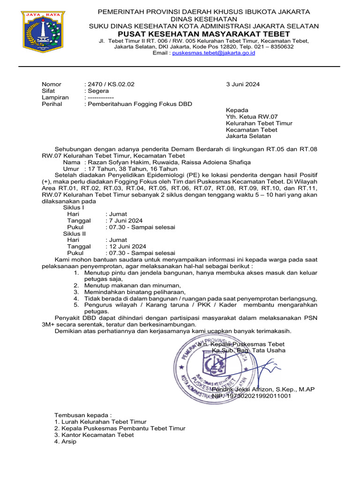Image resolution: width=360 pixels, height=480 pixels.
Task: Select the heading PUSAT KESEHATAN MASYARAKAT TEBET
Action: coord(203,34)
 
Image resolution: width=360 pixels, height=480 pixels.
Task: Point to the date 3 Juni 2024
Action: coord(243,84)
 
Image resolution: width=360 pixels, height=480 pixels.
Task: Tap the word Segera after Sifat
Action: coord(98,91)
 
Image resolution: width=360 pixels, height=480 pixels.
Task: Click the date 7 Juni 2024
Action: coord(126,221)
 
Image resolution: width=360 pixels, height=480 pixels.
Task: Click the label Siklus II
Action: coord(75,233)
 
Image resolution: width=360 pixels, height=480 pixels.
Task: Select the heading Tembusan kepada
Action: coord(83,415)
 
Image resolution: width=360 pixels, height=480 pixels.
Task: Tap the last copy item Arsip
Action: coord(65,442)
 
